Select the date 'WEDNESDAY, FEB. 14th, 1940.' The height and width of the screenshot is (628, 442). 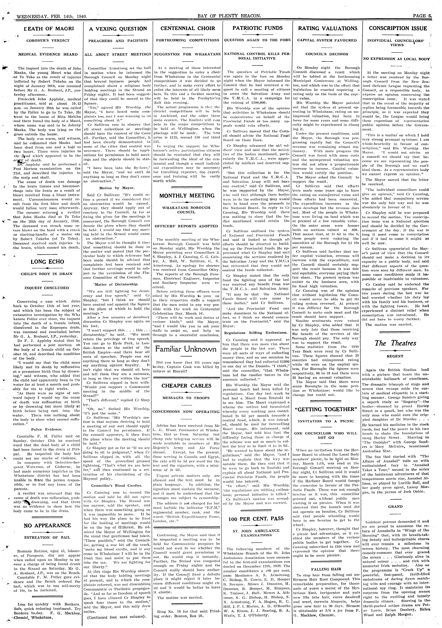click(x=52, y=16)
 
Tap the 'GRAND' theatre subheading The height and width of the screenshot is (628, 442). click(x=395, y=506)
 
